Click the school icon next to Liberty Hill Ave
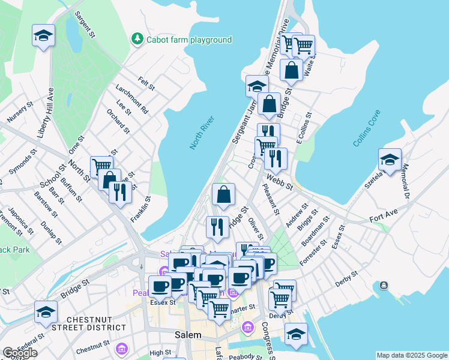click(44, 37)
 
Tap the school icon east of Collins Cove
click(390, 161)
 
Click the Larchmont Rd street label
click(131, 99)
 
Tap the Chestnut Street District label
click(97, 323)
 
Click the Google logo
click(20, 353)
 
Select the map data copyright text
click(412, 355)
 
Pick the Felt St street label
click(146, 83)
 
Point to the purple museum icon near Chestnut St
click(122, 348)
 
